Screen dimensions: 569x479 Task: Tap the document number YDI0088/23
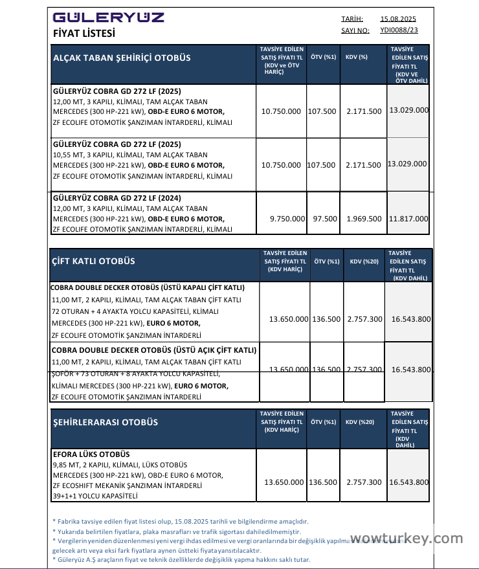coord(399,30)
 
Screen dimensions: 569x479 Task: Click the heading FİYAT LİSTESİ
coord(84,33)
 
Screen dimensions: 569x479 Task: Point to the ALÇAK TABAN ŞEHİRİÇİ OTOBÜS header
coord(122,58)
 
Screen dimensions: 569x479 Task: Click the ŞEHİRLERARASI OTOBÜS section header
coord(105,423)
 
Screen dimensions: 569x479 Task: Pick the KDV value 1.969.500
coord(364,219)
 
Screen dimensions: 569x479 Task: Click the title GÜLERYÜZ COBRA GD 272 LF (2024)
coord(117,197)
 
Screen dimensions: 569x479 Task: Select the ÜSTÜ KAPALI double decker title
coord(147,287)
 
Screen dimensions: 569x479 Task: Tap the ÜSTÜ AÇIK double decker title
coord(153,350)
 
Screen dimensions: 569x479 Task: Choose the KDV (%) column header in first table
coord(356,58)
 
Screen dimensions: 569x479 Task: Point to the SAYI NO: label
coord(355,30)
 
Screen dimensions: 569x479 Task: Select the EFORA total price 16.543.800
coord(409,482)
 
